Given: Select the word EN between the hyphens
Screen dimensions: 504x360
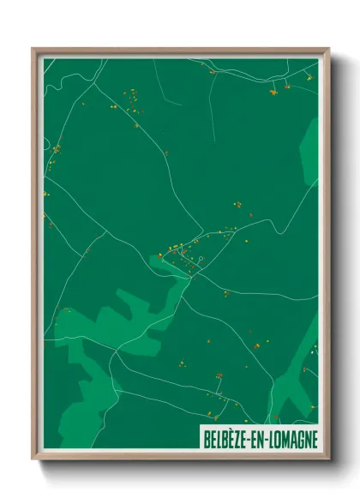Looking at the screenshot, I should click(259, 438).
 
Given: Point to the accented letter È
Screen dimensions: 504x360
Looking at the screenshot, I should click(231, 438).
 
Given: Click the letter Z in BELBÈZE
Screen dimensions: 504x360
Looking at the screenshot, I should click(239, 438).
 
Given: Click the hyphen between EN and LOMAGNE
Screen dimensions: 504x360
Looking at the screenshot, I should click(267, 438).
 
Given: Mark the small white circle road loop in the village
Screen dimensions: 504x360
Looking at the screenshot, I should click(196, 255).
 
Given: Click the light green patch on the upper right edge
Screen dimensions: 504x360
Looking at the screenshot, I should click(309, 150).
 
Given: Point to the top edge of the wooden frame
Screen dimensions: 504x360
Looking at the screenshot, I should click(180, 51).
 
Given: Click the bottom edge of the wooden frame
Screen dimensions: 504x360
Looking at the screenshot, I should click(180, 456).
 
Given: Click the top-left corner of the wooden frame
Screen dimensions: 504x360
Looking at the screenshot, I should click(35, 50).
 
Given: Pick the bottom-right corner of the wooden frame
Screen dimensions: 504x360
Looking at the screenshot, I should click(327, 457).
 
